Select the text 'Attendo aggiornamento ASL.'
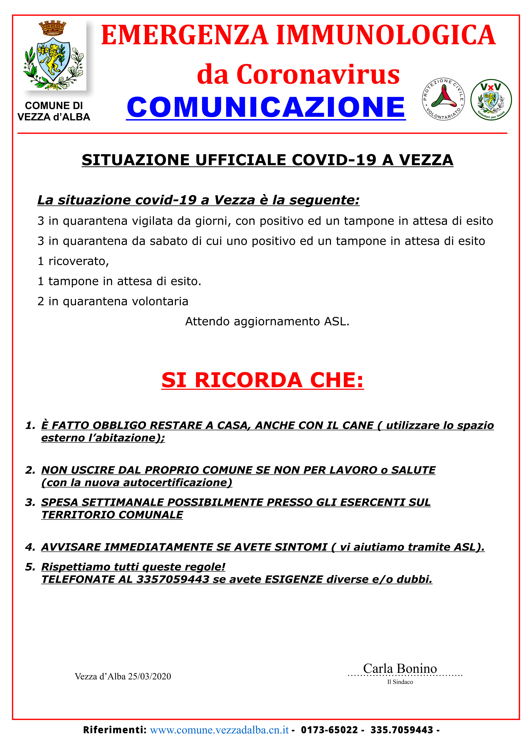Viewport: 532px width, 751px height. click(x=267, y=322)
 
